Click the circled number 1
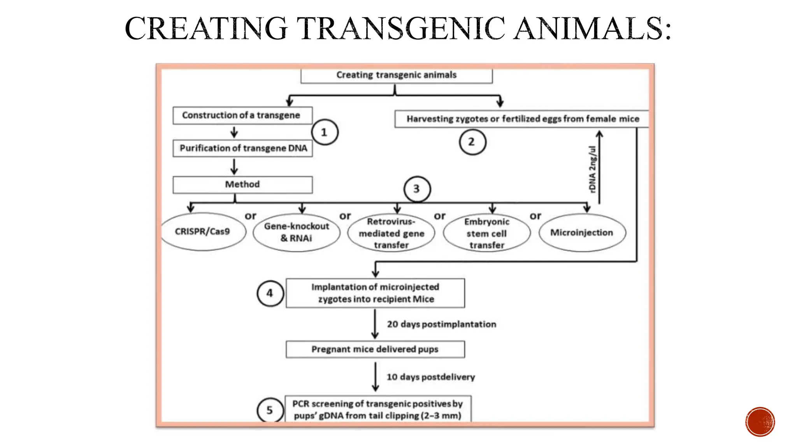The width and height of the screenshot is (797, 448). point(325,133)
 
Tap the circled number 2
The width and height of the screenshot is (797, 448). point(472,142)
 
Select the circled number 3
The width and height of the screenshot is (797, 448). point(417,189)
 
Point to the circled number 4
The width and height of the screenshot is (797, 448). point(270,293)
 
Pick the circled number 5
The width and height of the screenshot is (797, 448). point(270,410)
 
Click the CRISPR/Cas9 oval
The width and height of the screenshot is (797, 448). point(203,232)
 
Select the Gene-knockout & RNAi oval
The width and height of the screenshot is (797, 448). point(296,232)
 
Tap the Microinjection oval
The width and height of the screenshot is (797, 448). point(582,233)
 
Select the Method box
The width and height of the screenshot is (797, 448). point(242,185)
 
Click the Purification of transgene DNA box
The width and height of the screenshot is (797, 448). point(243,148)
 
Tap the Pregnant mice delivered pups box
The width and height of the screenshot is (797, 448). point(375,349)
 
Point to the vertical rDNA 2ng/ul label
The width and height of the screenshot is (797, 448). point(592,169)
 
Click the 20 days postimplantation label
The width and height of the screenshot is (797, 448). point(441,324)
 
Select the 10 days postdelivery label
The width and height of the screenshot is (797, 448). point(430,377)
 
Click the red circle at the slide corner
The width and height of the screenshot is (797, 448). point(760,422)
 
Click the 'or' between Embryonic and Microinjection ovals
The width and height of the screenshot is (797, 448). point(535,216)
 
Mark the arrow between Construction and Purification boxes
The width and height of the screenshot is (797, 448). point(234,132)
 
